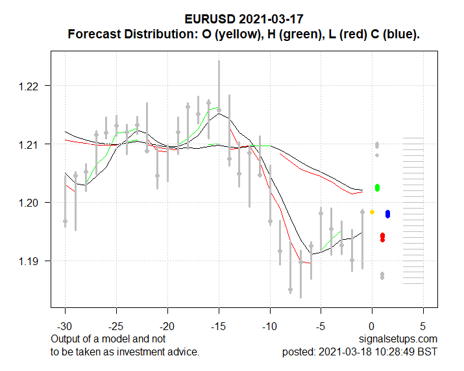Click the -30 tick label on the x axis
click(x=65, y=326)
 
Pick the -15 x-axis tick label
click(x=219, y=326)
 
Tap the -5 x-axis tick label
click(x=321, y=326)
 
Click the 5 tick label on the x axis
click(x=423, y=326)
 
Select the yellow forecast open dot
click(x=372, y=212)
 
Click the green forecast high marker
click(x=377, y=188)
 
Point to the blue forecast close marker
click(x=387, y=214)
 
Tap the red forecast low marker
click(x=382, y=237)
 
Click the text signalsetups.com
click(x=398, y=339)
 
